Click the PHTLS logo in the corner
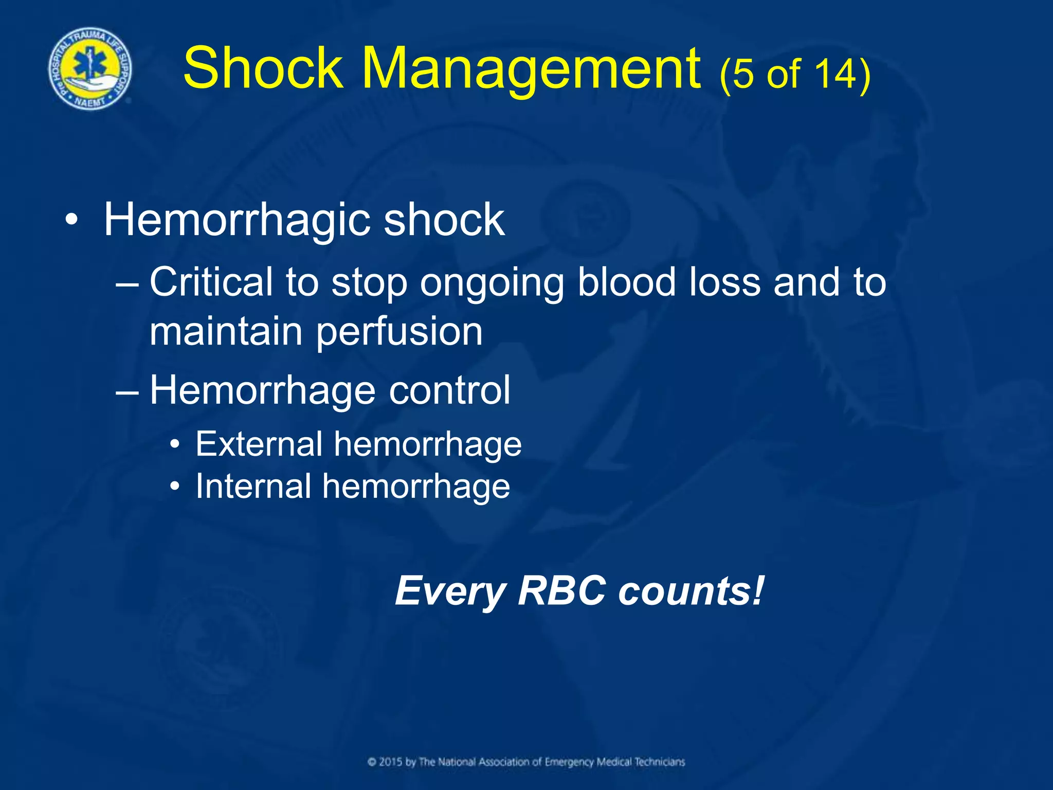(x=89, y=68)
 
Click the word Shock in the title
(x=263, y=68)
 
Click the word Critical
(x=211, y=282)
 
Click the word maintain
(x=226, y=331)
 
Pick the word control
(x=449, y=390)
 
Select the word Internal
(x=253, y=486)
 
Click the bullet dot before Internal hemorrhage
(x=176, y=487)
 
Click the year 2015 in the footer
(x=390, y=762)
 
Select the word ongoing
(x=492, y=283)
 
